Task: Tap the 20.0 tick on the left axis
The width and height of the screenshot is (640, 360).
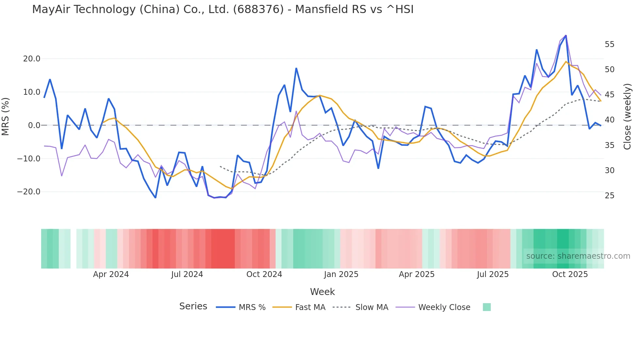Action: pos(32,59)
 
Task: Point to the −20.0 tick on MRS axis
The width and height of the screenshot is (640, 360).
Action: pos(29,192)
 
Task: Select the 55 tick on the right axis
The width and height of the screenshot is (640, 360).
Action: pos(609,44)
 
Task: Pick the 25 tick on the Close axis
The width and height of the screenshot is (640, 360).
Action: pos(609,196)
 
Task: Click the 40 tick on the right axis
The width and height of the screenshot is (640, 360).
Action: pos(609,120)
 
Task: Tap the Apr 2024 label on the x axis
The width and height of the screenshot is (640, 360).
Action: pos(111,274)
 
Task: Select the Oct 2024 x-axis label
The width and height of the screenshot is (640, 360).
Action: pos(264,274)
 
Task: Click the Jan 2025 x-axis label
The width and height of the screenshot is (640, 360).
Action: pos(341,274)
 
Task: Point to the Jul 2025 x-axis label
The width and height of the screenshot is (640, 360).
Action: pos(492,274)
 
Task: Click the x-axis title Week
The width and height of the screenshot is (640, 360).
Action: pos(322,292)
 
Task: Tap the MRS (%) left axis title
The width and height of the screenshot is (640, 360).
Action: pos(6,116)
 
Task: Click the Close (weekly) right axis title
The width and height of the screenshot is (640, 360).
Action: pos(627,116)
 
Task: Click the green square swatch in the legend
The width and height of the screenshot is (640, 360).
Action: pos(487,307)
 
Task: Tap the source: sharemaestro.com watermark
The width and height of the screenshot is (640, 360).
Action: pos(578,256)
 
